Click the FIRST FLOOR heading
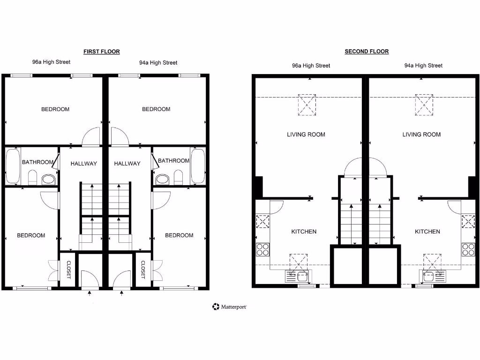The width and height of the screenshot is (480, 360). tap(102, 52)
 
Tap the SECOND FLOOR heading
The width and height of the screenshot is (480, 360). tap(367, 52)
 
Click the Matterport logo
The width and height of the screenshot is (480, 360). tap(229, 307)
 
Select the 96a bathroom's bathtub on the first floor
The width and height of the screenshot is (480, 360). tap(13, 166)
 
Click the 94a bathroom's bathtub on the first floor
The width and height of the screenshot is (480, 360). tap(197, 166)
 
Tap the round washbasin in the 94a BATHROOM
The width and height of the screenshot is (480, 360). tap(163, 179)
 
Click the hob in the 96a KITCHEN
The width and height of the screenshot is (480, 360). tap(262, 249)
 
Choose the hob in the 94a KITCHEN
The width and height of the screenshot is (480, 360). tap(468, 249)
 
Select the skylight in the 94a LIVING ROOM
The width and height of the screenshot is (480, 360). tap(424, 105)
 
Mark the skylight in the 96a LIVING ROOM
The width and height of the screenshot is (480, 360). tap(307, 105)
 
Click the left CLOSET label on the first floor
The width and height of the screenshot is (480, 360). tap(68, 270)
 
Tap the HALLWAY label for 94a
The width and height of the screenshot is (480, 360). tap(127, 164)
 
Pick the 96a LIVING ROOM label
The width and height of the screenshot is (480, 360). tap(306, 135)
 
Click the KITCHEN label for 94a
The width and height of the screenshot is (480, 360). tap(427, 232)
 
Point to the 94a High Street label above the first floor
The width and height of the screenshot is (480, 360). tap(158, 62)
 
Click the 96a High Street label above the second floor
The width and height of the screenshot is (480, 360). tap(311, 66)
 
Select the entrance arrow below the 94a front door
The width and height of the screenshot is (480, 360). tap(122, 293)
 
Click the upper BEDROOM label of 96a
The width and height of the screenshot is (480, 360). tap(55, 109)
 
